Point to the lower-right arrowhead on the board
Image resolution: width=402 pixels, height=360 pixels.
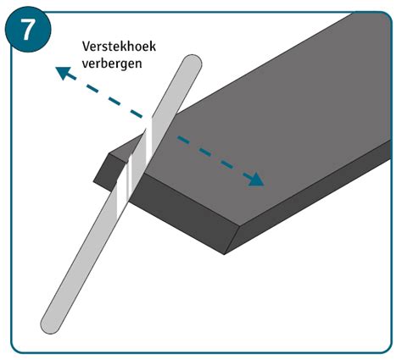click(255, 180)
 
